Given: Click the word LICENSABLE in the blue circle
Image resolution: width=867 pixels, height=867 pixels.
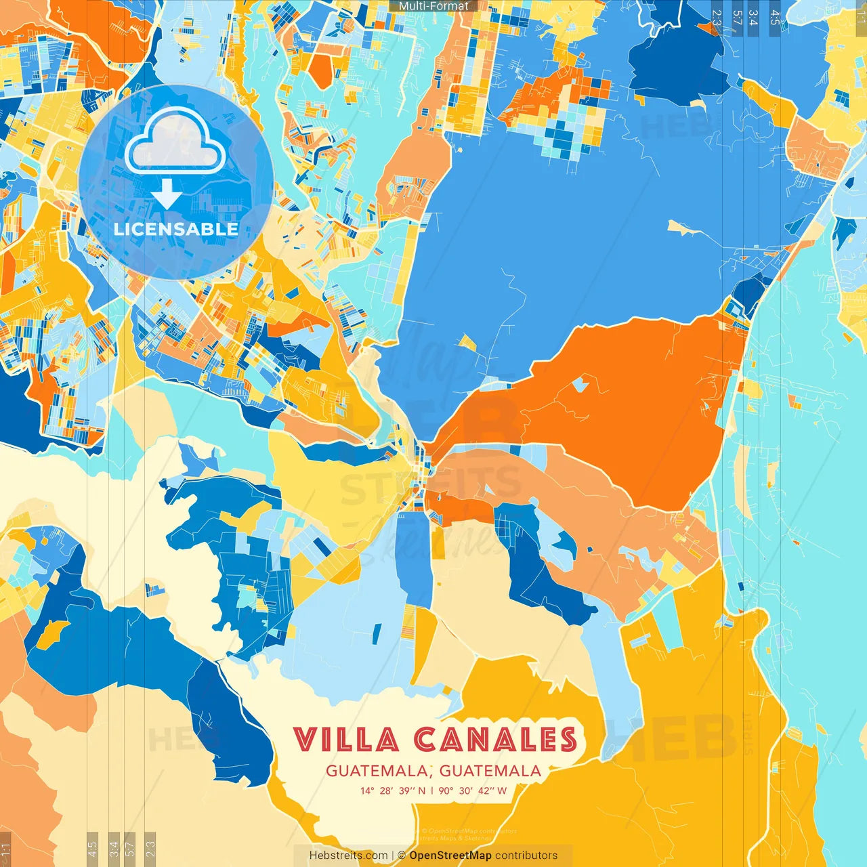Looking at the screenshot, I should pos(176,229).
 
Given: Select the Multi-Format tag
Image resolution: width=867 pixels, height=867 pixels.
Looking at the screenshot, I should pos(433,6).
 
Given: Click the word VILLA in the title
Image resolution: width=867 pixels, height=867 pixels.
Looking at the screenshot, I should pos(346,740).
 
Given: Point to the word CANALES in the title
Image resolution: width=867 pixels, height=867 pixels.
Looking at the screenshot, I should pos(496,740).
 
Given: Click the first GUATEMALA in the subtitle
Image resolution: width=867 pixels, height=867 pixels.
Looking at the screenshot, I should pos(377,771).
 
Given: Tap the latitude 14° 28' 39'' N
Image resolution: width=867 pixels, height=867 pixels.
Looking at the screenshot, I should pos(393,790).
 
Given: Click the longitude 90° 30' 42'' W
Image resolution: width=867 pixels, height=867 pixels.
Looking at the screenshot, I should pos(473,790).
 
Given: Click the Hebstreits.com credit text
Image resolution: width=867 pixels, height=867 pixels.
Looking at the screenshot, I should pos(348,855).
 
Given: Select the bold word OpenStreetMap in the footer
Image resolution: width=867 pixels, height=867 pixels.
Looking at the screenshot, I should pos(450,855).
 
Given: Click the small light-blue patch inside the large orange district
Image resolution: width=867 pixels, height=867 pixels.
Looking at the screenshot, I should pos(579,385).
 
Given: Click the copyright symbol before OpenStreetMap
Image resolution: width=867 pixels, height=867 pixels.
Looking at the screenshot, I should pos(402,855).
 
